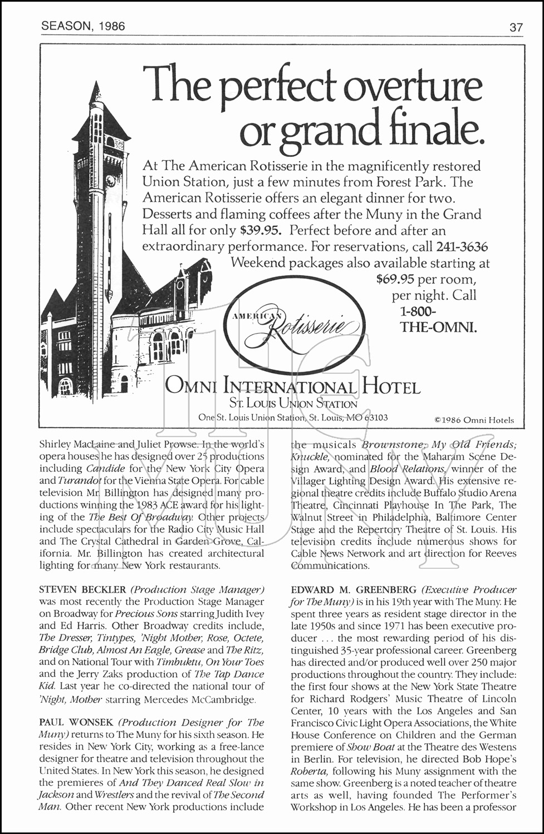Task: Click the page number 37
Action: (516, 26)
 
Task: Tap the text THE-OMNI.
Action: (438, 327)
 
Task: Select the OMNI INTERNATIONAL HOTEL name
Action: (293, 387)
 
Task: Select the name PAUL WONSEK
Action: (76, 723)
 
